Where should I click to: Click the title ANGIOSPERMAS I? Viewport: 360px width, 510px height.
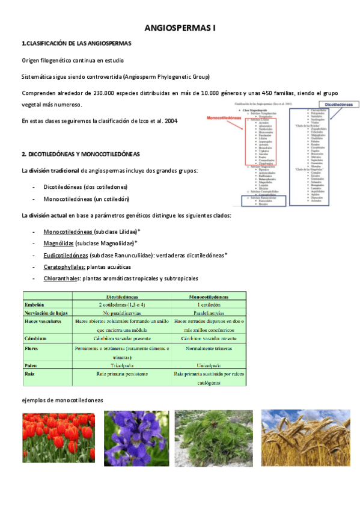tap(180, 28)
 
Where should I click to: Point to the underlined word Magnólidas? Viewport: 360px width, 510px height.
tap(59, 243)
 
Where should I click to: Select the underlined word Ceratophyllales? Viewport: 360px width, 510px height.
tap(64, 266)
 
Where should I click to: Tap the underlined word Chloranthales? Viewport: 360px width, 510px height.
tap(63, 278)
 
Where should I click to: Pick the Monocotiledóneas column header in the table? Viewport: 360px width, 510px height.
tap(209, 296)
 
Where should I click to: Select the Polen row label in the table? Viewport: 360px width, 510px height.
tap(31, 364)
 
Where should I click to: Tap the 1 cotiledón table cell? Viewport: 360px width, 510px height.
tap(209, 304)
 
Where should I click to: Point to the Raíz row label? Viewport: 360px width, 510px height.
tap(29, 373)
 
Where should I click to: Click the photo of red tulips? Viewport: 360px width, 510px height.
tap(57, 438)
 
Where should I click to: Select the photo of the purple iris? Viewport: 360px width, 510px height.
tap(136, 438)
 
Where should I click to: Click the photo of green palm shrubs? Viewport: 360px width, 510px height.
tap(213, 438)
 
